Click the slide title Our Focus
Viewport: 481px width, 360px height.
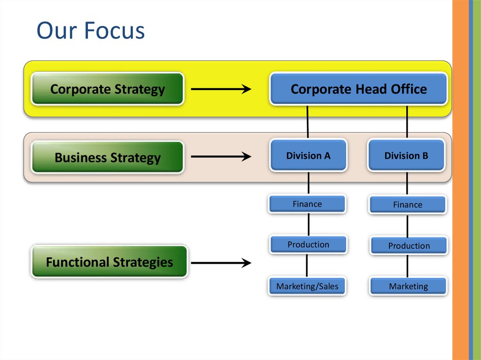coord(91,31)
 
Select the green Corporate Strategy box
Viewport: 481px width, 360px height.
coord(107,89)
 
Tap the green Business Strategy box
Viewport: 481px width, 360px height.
coord(107,157)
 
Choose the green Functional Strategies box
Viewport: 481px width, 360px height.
coord(109,262)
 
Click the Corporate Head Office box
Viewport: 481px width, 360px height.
coord(358,89)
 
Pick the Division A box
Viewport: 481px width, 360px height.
coord(308,155)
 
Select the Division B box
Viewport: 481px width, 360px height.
coord(406,155)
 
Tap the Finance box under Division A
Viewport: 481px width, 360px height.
coord(307,204)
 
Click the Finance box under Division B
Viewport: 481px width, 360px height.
coord(408,205)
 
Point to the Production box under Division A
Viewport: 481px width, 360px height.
coord(308,245)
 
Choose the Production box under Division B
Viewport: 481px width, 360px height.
coord(409,245)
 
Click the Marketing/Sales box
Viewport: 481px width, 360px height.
coord(307,286)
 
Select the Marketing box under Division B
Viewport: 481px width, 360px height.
coord(408,286)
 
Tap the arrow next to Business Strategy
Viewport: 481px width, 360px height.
coord(221,157)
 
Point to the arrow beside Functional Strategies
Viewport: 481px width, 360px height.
coord(221,263)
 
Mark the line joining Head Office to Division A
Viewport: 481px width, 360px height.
coord(308,122)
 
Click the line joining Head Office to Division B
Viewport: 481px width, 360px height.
coord(407,122)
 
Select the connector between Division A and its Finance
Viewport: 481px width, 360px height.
coord(308,183)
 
